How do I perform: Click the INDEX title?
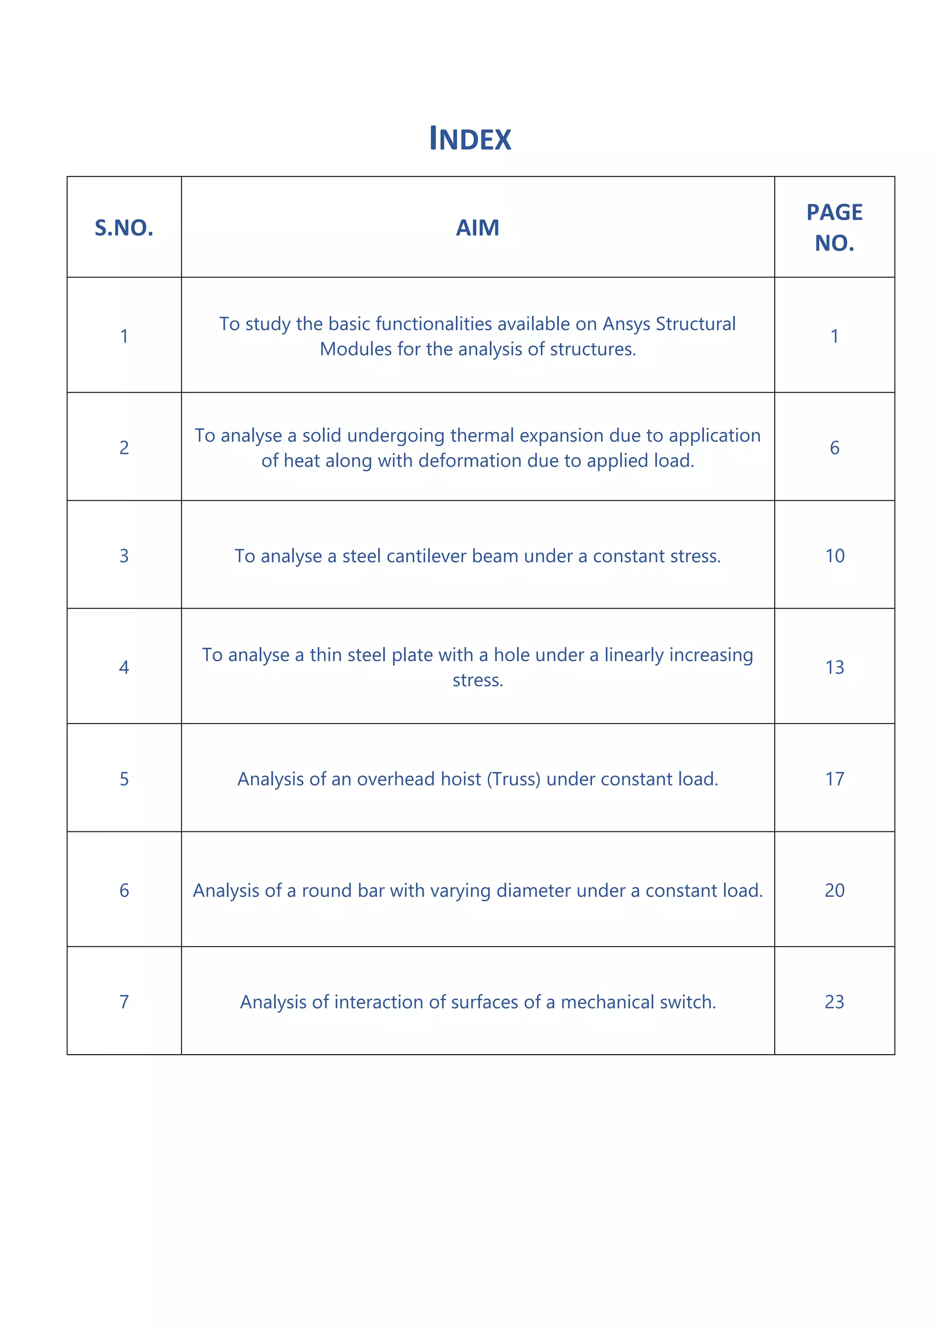pyautogui.click(x=470, y=139)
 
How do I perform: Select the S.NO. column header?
pyautogui.click(x=124, y=228)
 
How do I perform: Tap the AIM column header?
pyautogui.click(x=477, y=228)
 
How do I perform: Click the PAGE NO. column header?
pyautogui.click(x=834, y=228)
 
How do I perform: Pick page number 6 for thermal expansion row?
pyautogui.click(x=834, y=448)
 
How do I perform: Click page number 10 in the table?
pyautogui.click(x=834, y=556)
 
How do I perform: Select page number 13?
pyautogui.click(x=834, y=668)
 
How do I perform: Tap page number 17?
pyautogui.click(x=834, y=779)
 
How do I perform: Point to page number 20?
pyautogui.click(x=834, y=890)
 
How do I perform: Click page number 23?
pyautogui.click(x=834, y=1002)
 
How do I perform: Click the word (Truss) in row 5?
pyautogui.click(x=514, y=780)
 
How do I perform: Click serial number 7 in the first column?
pyautogui.click(x=124, y=1002)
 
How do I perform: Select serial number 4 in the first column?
pyautogui.click(x=124, y=668)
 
